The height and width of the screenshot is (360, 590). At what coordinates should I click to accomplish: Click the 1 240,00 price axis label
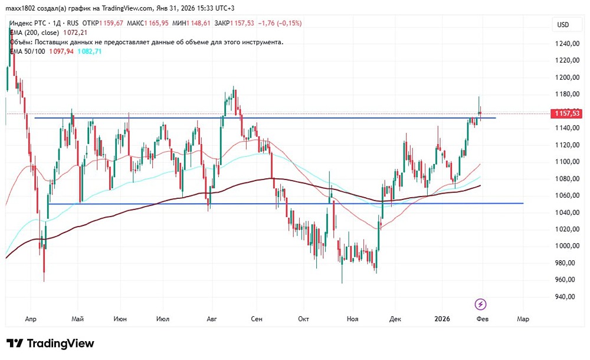tap(566, 44)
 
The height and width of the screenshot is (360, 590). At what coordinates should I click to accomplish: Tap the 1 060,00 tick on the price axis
tap(566, 195)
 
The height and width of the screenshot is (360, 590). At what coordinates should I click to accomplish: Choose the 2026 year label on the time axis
tap(441, 319)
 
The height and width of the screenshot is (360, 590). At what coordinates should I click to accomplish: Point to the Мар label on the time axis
tap(522, 319)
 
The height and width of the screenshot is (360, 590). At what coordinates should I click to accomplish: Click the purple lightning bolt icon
tap(481, 304)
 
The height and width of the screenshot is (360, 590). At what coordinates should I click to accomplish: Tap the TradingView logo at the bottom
tap(50, 343)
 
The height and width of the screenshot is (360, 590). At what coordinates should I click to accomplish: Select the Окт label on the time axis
tap(304, 319)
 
